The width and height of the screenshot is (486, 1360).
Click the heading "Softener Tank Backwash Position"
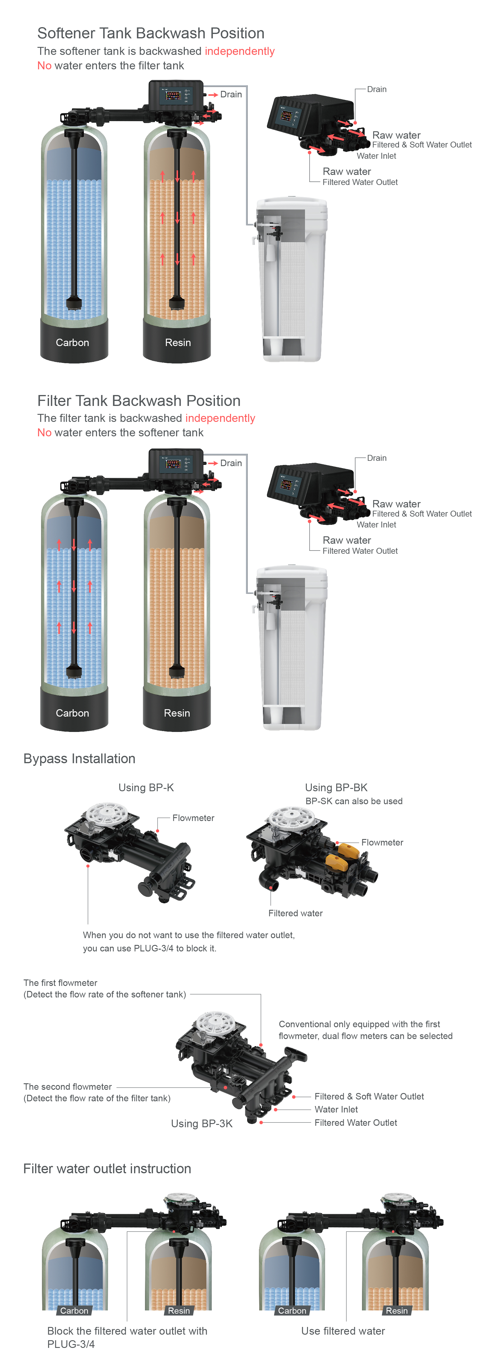151,33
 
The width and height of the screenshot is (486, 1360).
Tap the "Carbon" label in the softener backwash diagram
72,343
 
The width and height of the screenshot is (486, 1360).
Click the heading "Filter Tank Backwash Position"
139,401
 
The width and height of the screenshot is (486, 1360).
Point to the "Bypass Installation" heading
79,759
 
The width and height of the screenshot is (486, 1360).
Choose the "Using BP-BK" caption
336,788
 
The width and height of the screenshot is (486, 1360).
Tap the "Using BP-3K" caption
202,1123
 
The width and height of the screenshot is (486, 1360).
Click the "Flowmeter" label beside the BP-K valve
193,818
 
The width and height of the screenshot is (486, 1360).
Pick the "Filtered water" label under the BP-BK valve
295,913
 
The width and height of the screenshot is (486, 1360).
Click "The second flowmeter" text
68,1087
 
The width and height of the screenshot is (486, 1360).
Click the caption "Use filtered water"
343,1331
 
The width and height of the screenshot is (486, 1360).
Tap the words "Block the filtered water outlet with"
127,1331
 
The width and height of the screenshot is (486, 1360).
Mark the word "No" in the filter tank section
44,433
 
